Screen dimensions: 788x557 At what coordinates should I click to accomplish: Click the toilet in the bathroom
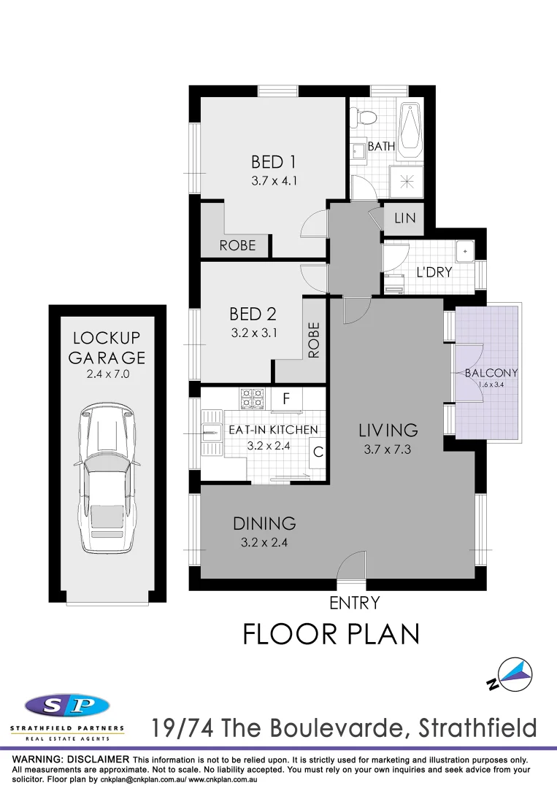(363, 116)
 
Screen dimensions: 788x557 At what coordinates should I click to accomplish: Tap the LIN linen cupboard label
(404, 218)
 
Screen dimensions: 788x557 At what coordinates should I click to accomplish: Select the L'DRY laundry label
(434, 272)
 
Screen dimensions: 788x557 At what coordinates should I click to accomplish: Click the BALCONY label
(491, 372)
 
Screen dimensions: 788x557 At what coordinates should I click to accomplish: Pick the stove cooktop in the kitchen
(253, 398)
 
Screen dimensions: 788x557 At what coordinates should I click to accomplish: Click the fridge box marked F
(286, 398)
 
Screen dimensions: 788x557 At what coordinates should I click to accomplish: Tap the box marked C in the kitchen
(318, 452)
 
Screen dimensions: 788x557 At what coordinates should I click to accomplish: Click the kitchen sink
(212, 433)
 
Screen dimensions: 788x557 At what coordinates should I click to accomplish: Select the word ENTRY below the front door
(355, 603)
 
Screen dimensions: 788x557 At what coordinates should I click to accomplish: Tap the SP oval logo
(66, 706)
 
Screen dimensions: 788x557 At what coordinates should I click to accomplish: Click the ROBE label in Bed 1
(238, 245)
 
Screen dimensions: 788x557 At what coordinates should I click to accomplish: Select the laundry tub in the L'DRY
(465, 252)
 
